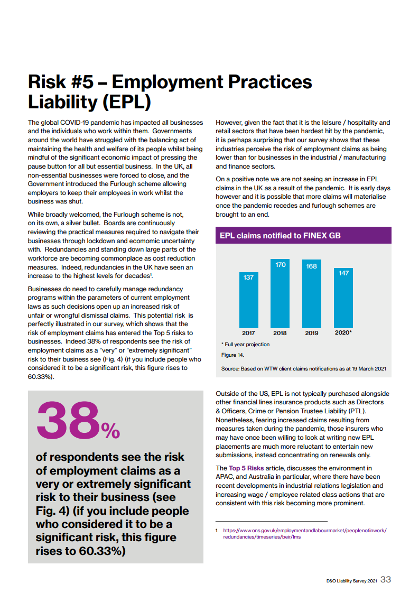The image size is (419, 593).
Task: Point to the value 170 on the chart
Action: (x=281, y=264)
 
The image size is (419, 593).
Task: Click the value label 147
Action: (x=343, y=273)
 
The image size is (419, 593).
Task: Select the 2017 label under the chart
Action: (x=248, y=333)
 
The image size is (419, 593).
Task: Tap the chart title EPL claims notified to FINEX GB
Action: (x=280, y=236)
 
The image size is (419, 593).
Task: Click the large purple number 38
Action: (x=67, y=421)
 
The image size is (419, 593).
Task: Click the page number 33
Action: (x=386, y=580)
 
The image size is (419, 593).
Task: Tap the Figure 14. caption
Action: (x=229, y=355)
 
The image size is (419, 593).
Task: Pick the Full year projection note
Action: (x=245, y=345)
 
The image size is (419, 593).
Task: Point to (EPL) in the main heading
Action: (x=124, y=101)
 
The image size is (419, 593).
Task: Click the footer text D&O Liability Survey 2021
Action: (x=351, y=581)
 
